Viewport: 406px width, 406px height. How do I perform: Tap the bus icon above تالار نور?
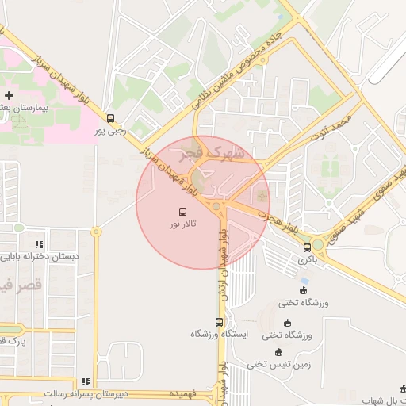tap(183, 213)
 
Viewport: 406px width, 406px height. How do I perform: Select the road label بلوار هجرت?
tap(281, 218)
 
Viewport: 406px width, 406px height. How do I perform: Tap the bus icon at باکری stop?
tap(307, 247)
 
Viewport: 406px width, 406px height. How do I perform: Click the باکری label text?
tap(307, 259)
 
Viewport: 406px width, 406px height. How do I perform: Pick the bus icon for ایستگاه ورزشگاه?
tap(219, 322)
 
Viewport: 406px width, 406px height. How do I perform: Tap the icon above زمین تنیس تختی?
tap(278, 352)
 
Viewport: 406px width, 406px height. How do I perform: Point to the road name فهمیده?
tap(182, 393)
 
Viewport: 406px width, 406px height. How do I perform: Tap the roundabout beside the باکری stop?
tap(318, 245)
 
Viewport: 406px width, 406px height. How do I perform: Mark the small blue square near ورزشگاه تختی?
tap(305, 280)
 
